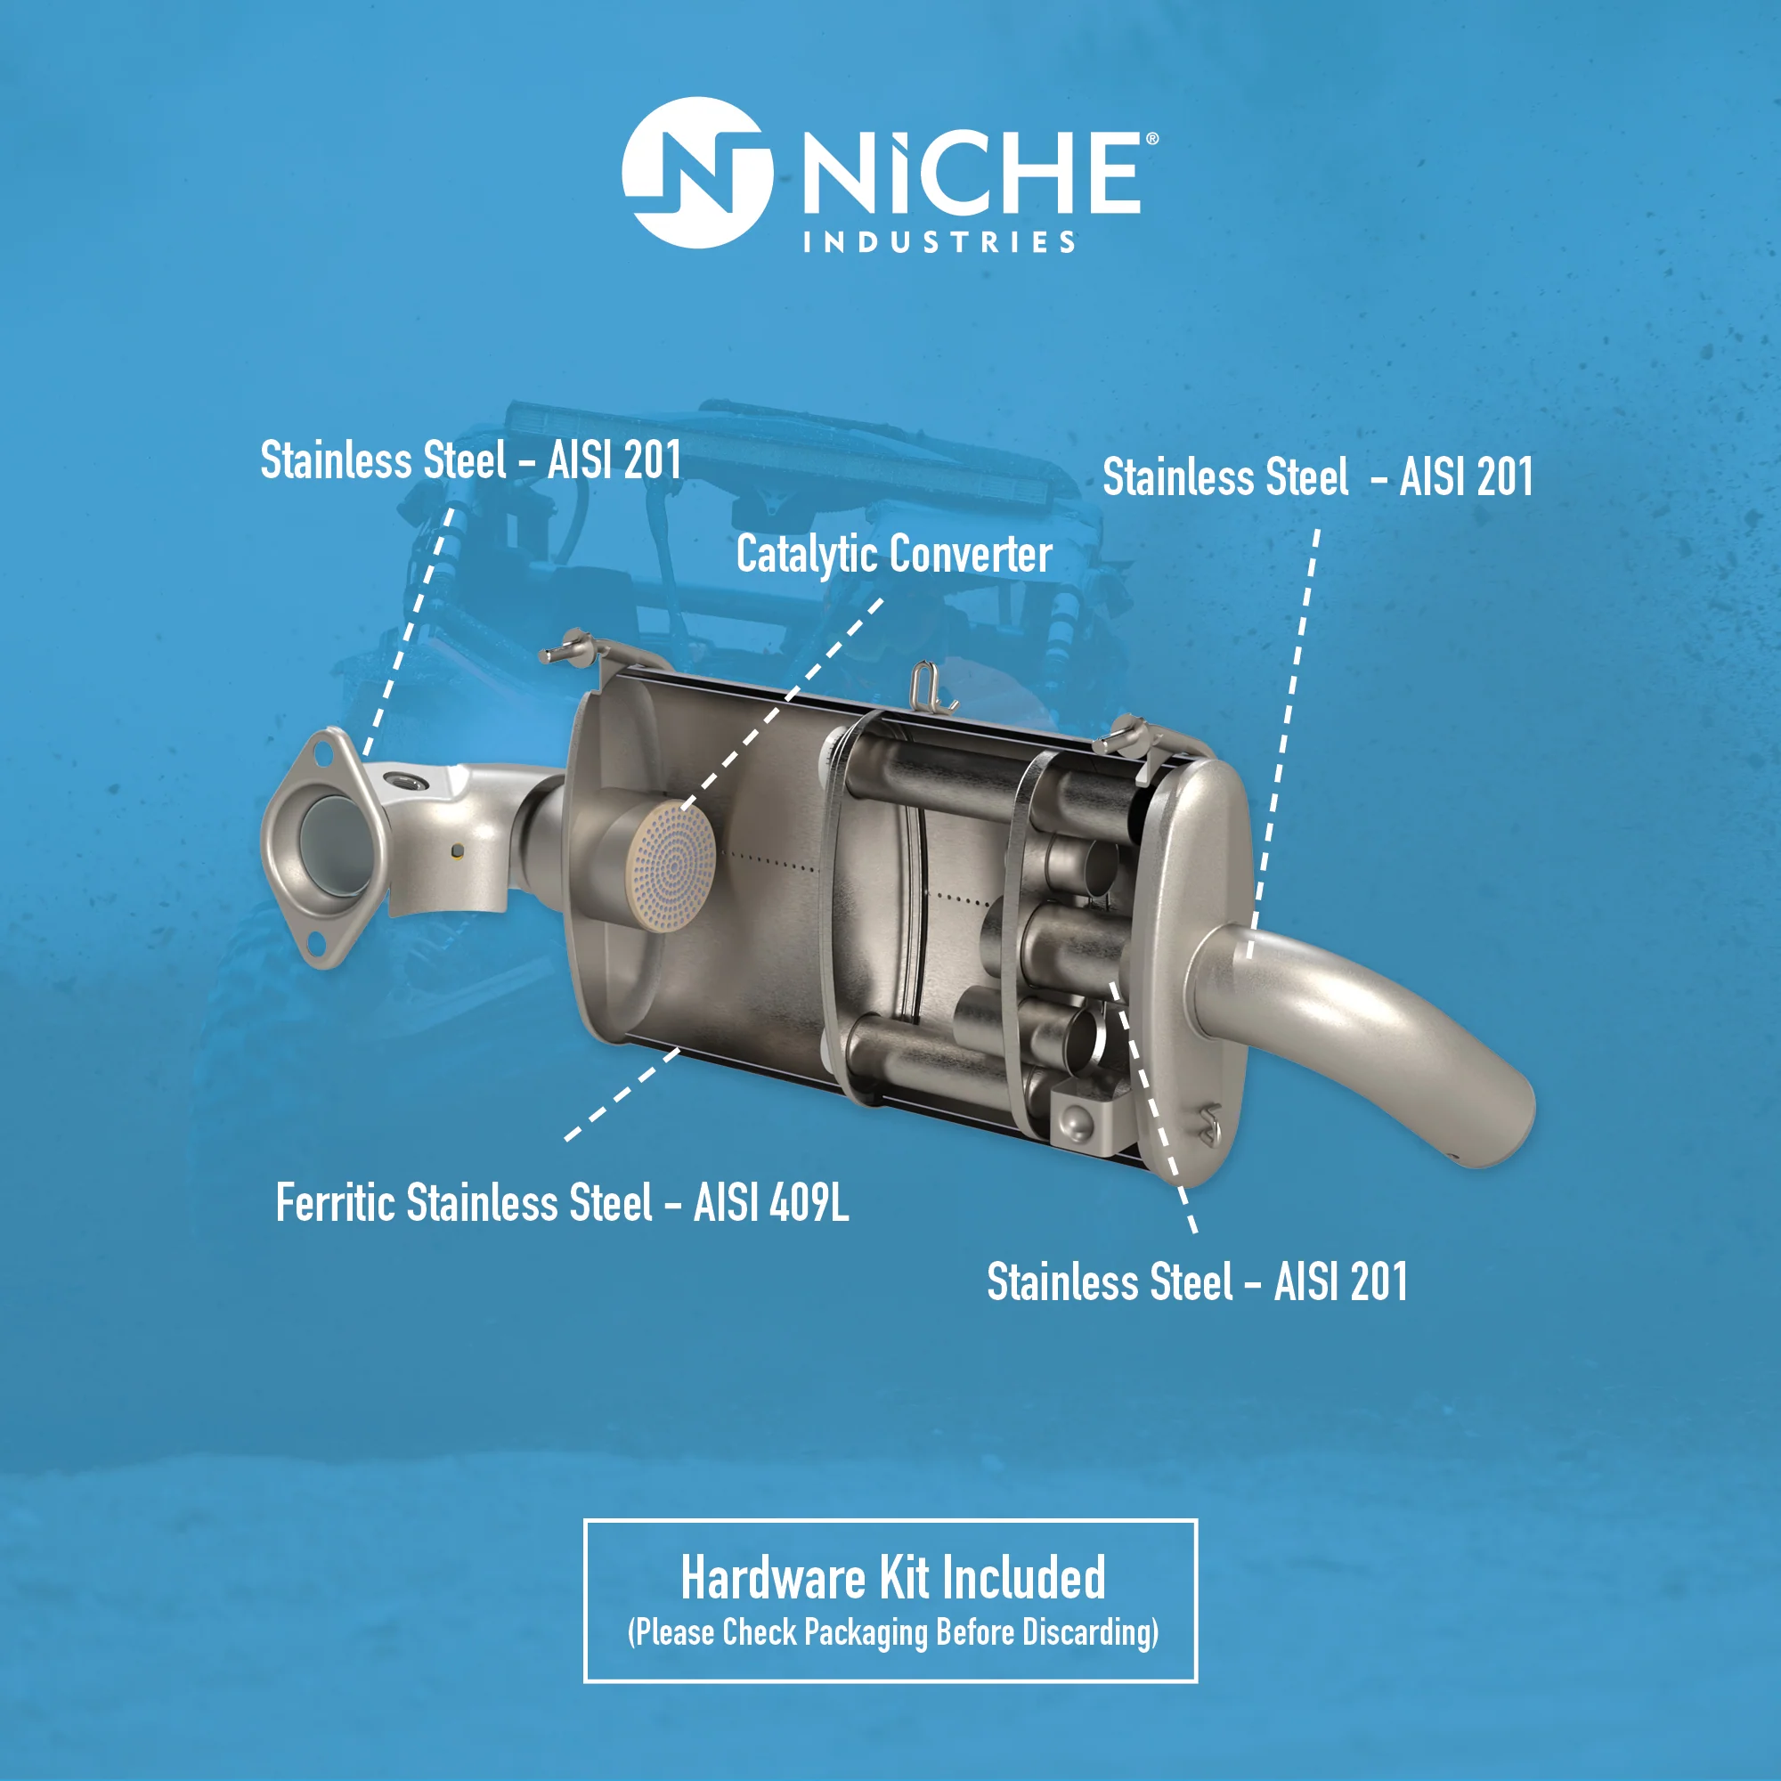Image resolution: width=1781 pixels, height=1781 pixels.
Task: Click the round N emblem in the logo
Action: (697, 173)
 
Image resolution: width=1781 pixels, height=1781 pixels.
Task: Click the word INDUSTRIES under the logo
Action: (939, 242)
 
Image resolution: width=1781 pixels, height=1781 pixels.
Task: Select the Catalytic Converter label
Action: (893, 555)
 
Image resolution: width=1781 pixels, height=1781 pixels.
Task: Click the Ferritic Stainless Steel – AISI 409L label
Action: (562, 1202)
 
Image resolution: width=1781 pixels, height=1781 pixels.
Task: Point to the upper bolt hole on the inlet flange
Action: (323, 753)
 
